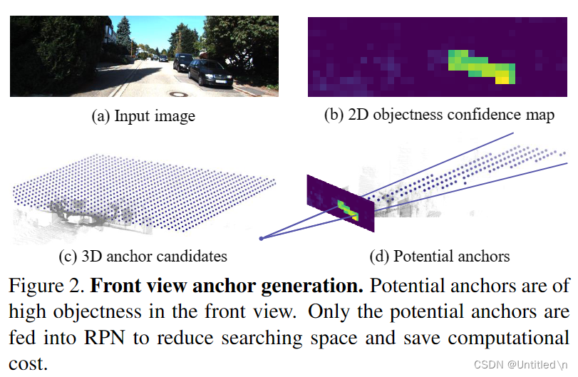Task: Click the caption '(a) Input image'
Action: click(143, 116)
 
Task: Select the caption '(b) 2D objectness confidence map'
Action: click(438, 115)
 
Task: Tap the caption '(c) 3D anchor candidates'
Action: click(143, 255)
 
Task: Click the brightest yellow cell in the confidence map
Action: click(502, 79)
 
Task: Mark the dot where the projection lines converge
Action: click(262, 239)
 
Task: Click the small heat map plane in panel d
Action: click(341, 203)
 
